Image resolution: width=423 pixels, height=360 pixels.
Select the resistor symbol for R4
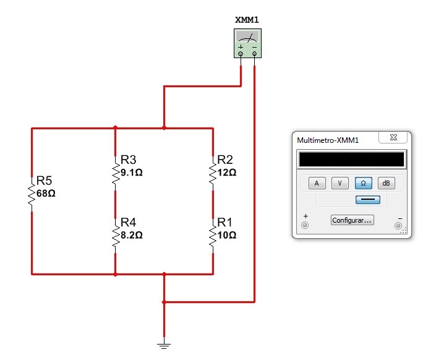pyautogui.click(x=115, y=235)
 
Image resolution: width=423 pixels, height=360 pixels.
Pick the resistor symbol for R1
pyautogui.click(x=213, y=236)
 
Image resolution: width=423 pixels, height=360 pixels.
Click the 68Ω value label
pyautogui.click(x=46, y=193)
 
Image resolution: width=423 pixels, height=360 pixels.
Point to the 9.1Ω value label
pyautogui.click(x=132, y=173)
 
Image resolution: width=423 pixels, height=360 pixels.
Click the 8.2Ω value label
pyautogui.click(x=132, y=236)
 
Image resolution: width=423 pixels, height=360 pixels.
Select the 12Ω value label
pyautogui.click(x=227, y=173)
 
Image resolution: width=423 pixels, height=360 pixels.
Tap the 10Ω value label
pyautogui.click(x=227, y=236)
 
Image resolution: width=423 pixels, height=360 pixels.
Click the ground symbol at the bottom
pyautogui.click(x=164, y=346)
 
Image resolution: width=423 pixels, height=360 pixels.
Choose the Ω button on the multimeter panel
pyautogui.click(x=364, y=183)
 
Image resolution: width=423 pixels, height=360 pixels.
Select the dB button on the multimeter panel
pyautogui.click(x=386, y=183)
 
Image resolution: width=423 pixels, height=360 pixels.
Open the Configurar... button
pyautogui.click(x=352, y=220)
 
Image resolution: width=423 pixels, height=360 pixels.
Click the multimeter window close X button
pyautogui.click(x=393, y=139)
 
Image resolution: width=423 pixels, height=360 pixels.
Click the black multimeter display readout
pyautogui.click(x=351, y=159)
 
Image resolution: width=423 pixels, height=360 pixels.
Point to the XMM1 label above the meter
pyautogui.click(x=247, y=20)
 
